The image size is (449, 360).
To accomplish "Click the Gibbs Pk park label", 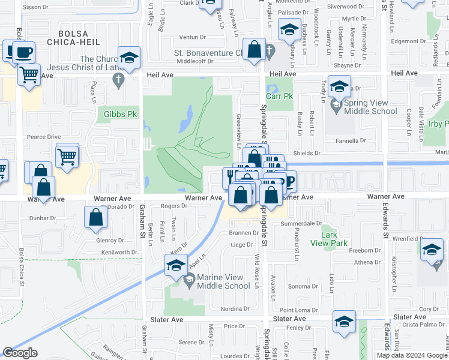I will pos(121,113).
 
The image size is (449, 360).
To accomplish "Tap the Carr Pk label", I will pos(279,95).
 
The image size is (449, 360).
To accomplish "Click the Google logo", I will pos(20,353).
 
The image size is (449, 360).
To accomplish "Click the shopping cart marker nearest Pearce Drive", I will pos(67,157).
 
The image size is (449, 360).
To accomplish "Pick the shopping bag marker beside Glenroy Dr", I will pos(96,218).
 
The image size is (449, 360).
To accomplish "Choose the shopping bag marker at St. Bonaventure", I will pos(255,50).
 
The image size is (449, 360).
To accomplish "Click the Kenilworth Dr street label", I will pos(123,252).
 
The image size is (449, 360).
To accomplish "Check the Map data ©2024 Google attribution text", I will pos(411,355).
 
